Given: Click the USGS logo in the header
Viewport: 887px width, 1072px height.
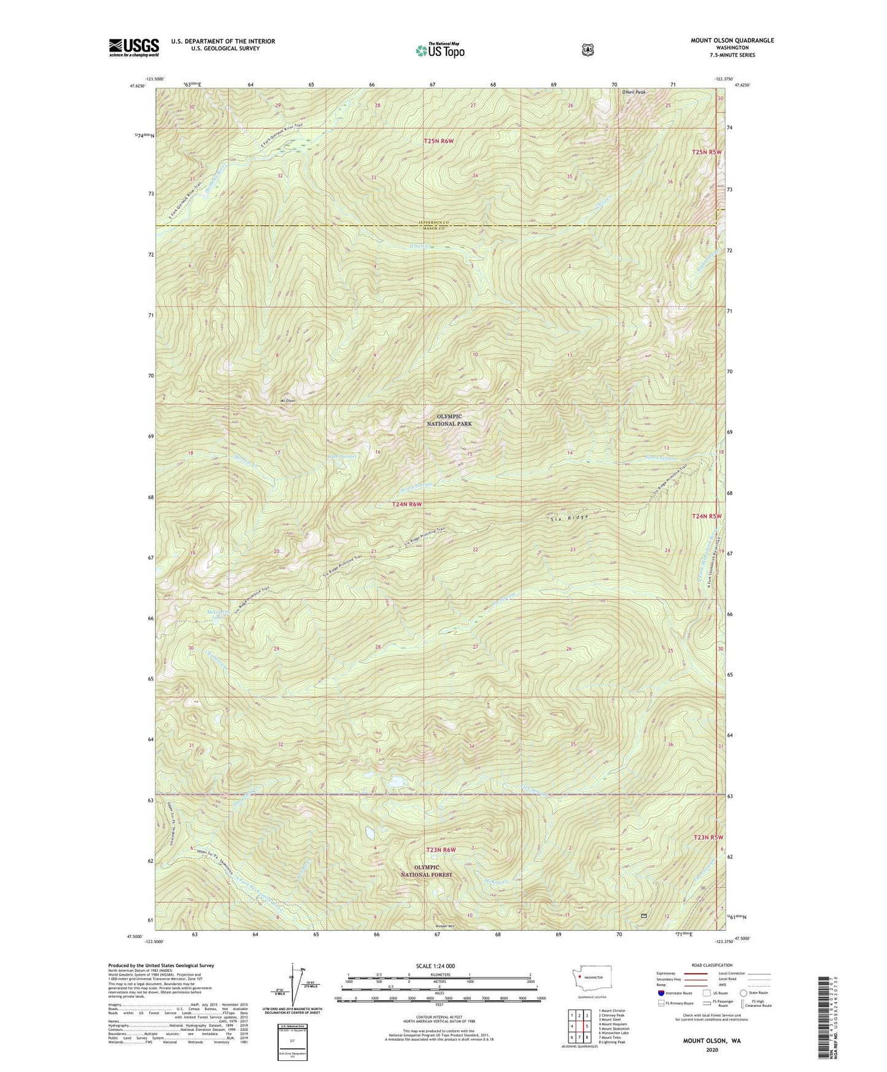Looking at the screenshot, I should coord(134,47).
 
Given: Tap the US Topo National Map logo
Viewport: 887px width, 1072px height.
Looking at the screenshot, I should coord(439,50).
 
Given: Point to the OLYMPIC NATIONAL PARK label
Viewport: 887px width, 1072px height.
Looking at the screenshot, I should coord(449,420).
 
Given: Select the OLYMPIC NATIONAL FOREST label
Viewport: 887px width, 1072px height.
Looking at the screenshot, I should coord(426,871).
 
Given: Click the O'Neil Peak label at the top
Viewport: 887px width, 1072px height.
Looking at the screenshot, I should coord(633,92).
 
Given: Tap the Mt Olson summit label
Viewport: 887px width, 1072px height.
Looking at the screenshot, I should coord(288,401).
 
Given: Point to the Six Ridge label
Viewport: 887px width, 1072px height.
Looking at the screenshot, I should coord(569,518).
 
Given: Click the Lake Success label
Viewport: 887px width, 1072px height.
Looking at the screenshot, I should coord(343,457).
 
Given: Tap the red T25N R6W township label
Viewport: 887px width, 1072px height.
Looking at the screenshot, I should coord(438,142).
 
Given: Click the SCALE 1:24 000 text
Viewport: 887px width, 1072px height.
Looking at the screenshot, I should coord(435,966).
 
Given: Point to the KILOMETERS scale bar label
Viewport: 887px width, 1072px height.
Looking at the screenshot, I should coord(438,974).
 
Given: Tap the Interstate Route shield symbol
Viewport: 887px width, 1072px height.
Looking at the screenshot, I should coord(660,992).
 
